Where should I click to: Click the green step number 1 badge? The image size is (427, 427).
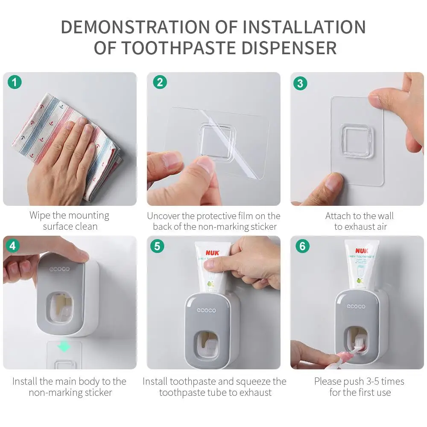pyautogui.click(x=15, y=82)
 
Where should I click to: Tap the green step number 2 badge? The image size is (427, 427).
pyautogui.click(x=160, y=82)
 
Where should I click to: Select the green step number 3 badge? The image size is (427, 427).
pyautogui.click(x=300, y=83)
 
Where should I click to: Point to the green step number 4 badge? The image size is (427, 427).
pyautogui.click(x=12, y=246)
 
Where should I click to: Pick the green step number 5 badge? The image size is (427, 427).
pyautogui.click(x=157, y=246)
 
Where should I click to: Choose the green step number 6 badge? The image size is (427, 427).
pyautogui.click(x=302, y=246)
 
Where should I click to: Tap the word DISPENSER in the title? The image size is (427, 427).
pyautogui.click(x=289, y=48)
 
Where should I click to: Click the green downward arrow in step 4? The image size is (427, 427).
pyautogui.click(x=64, y=347)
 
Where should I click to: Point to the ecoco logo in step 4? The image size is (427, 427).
pyautogui.click(x=59, y=269)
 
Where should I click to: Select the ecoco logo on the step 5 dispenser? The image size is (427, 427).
pyautogui.click(x=206, y=310)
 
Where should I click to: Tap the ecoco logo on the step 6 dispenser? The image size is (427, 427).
pyautogui.click(x=356, y=306)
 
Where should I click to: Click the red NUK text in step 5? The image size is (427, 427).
pyautogui.click(x=212, y=253)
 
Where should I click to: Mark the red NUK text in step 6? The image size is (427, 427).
pyautogui.click(x=362, y=251)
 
